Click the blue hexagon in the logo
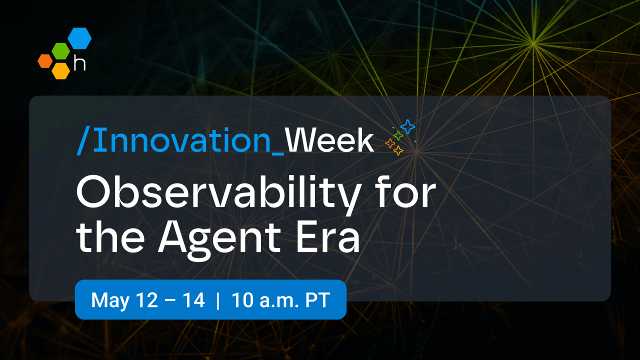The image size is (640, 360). (79, 38)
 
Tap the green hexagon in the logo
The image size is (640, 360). (60, 51)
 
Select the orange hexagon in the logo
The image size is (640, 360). (45, 60)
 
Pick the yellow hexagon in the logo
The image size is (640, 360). (60, 70)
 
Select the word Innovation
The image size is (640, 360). (181, 141)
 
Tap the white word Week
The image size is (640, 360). (329, 141)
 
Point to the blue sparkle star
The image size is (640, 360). (408, 126)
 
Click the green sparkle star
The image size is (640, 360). (398, 135)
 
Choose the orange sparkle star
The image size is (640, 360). (390, 143)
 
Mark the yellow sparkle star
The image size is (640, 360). (398, 150)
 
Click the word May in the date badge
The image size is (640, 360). (107, 300)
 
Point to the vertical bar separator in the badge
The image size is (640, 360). (218, 300)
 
